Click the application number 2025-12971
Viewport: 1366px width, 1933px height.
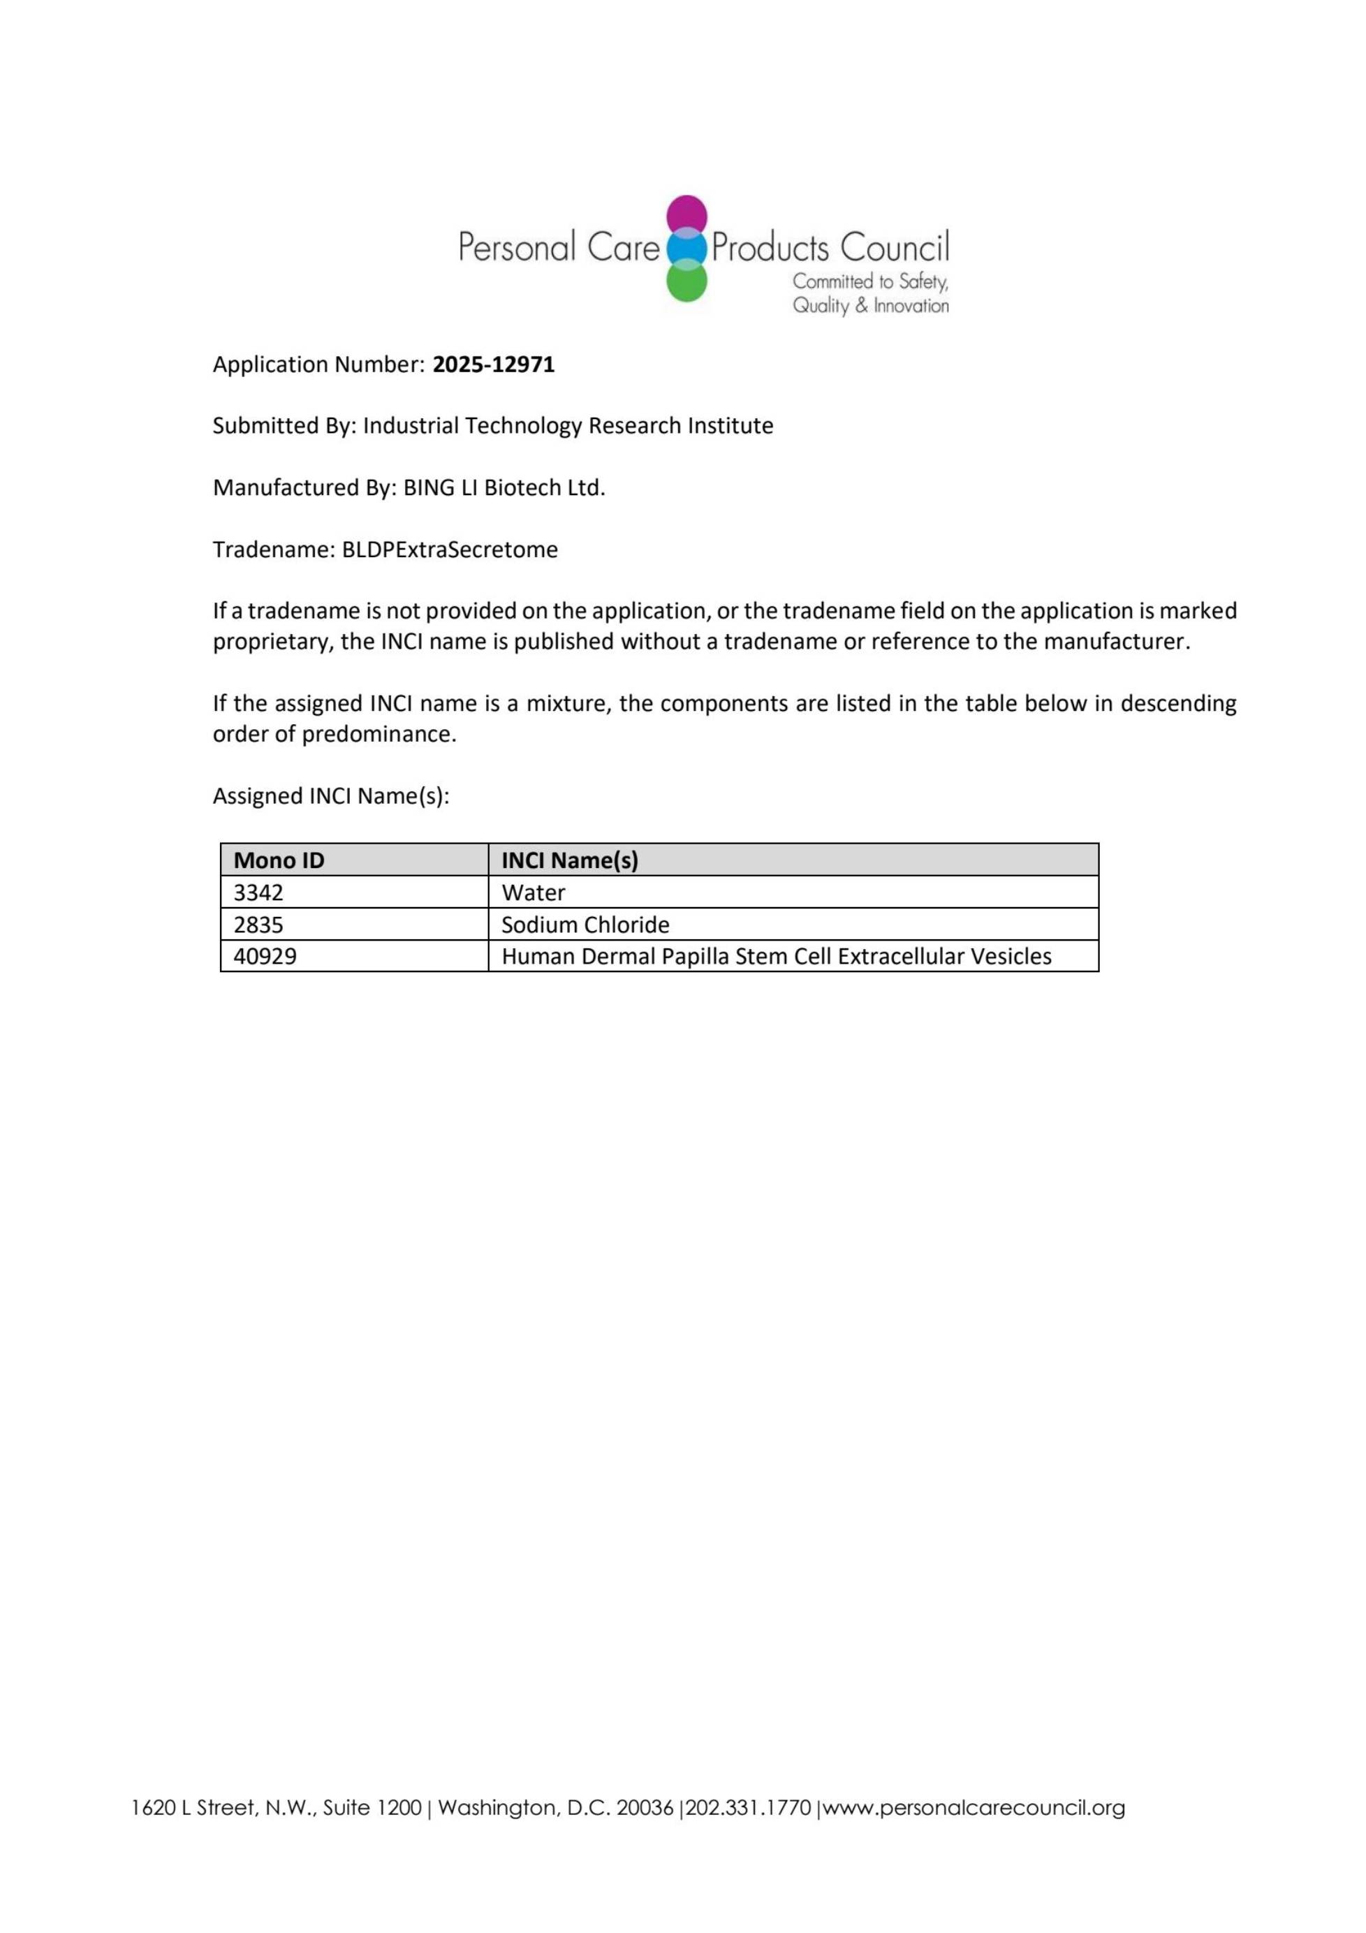click(x=494, y=365)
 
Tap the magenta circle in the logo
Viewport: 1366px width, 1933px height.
click(x=686, y=214)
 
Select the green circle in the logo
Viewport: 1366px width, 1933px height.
click(x=686, y=282)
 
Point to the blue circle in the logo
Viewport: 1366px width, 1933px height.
click(x=686, y=249)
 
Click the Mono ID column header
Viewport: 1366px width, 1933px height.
click(x=279, y=860)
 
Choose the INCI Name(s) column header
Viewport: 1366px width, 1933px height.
click(x=570, y=860)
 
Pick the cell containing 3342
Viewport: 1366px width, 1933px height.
click(x=258, y=892)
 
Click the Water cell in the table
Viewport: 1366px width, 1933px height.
click(x=533, y=892)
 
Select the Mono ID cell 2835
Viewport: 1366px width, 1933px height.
click(x=258, y=925)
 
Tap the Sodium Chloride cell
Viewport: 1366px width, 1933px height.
click(x=585, y=925)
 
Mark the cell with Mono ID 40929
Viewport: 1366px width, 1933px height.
click(x=265, y=957)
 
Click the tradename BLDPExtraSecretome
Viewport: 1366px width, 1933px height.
click(x=450, y=550)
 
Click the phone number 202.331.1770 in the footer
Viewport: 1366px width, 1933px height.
click(x=749, y=1807)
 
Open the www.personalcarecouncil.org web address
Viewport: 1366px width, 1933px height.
click(x=974, y=1807)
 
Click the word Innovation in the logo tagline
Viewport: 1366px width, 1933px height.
click(x=911, y=306)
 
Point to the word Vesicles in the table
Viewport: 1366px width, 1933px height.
click(x=1011, y=957)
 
